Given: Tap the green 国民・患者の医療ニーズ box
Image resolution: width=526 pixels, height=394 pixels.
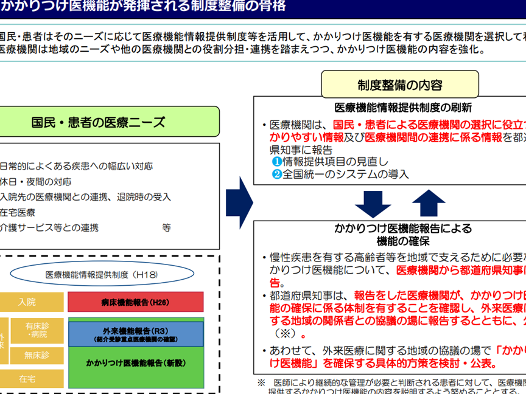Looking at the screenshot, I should (x=98, y=122).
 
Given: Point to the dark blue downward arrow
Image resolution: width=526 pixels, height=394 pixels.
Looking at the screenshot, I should (x=373, y=202).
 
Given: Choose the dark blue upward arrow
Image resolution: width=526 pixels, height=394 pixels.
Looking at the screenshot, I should (x=429, y=202).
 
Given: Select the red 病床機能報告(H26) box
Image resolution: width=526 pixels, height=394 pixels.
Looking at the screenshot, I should (x=135, y=302).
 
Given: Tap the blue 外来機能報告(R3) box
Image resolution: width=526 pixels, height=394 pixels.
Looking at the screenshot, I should (x=135, y=334).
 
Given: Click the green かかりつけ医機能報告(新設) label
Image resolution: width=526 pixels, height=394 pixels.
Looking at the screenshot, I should (x=135, y=363).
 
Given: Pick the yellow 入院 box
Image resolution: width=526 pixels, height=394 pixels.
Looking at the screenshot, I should (x=27, y=302).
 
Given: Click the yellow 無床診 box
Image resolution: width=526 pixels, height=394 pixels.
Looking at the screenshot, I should (x=36, y=354).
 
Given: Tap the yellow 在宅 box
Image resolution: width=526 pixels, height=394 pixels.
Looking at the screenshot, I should (x=27, y=378).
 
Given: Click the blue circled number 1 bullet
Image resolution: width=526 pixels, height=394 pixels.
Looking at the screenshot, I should (x=276, y=162).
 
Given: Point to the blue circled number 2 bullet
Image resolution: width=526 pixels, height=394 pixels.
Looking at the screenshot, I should (x=276, y=174).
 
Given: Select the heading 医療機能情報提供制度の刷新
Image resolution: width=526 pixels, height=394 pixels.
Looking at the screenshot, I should (x=403, y=108).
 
